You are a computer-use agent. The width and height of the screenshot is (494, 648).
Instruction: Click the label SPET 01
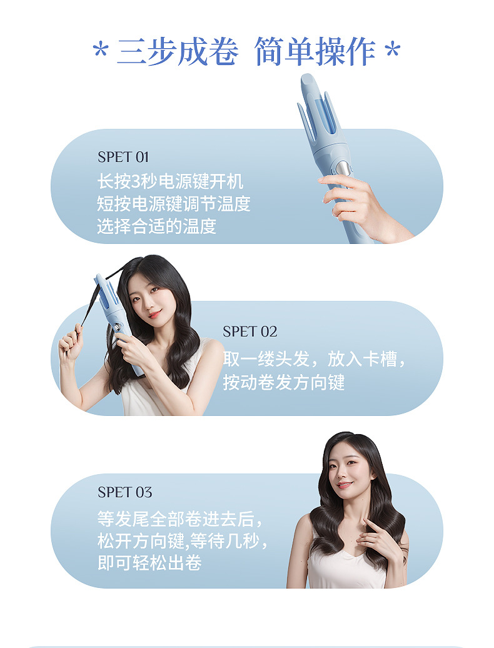coord(123,157)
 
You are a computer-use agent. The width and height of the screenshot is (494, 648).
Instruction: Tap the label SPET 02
coord(250,332)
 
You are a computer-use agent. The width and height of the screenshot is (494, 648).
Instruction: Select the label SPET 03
coord(124,492)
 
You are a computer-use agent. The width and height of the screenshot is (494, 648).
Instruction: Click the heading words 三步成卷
coord(177,51)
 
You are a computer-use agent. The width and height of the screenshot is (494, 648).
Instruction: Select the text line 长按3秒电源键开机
coord(170,182)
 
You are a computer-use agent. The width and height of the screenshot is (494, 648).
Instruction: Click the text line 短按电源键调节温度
coord(173,204)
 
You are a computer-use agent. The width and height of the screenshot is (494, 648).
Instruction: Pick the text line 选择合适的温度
coord(156,226)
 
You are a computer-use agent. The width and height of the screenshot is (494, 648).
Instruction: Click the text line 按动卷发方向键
coord(284,382)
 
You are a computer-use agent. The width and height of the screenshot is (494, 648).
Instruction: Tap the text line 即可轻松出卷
coord(149,562)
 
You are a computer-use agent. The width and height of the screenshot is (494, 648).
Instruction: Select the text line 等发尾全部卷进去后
coord(176,519)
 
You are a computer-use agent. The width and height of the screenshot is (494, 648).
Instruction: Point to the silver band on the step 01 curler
coord(343,168)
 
